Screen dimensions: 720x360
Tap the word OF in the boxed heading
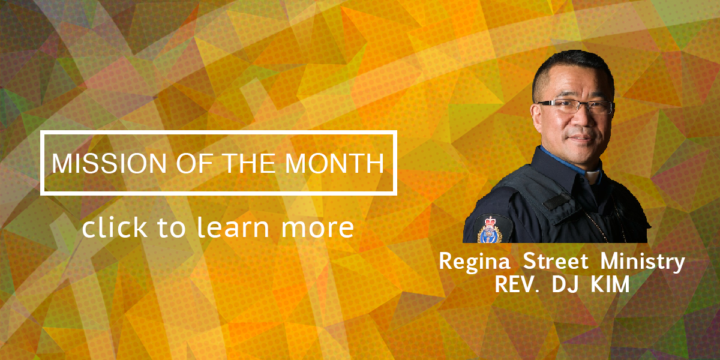194,163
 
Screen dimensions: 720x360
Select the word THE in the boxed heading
249,163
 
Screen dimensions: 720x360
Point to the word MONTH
334,163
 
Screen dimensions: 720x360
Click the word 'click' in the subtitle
115,227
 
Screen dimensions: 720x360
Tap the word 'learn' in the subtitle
233,227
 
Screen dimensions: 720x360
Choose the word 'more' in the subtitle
317,229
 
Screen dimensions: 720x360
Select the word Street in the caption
556,260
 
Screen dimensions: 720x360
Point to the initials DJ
565,284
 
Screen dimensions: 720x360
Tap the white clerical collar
593,176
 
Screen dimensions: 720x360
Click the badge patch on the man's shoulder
490,229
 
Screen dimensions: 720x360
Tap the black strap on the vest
557,202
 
